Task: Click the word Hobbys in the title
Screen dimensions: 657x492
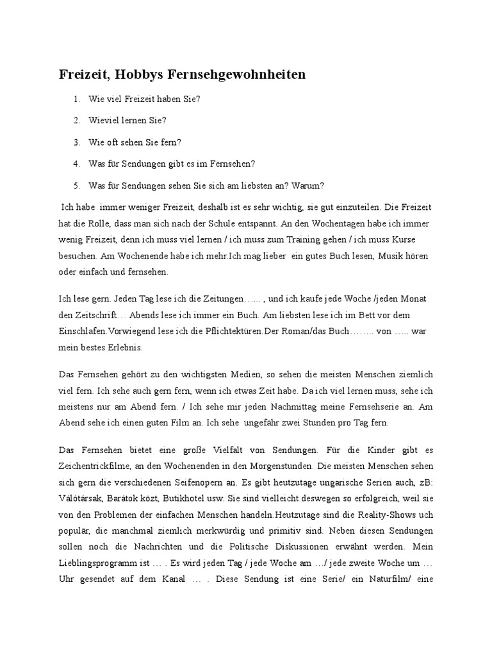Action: [138, 75]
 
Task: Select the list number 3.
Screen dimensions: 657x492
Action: [76, 142]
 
